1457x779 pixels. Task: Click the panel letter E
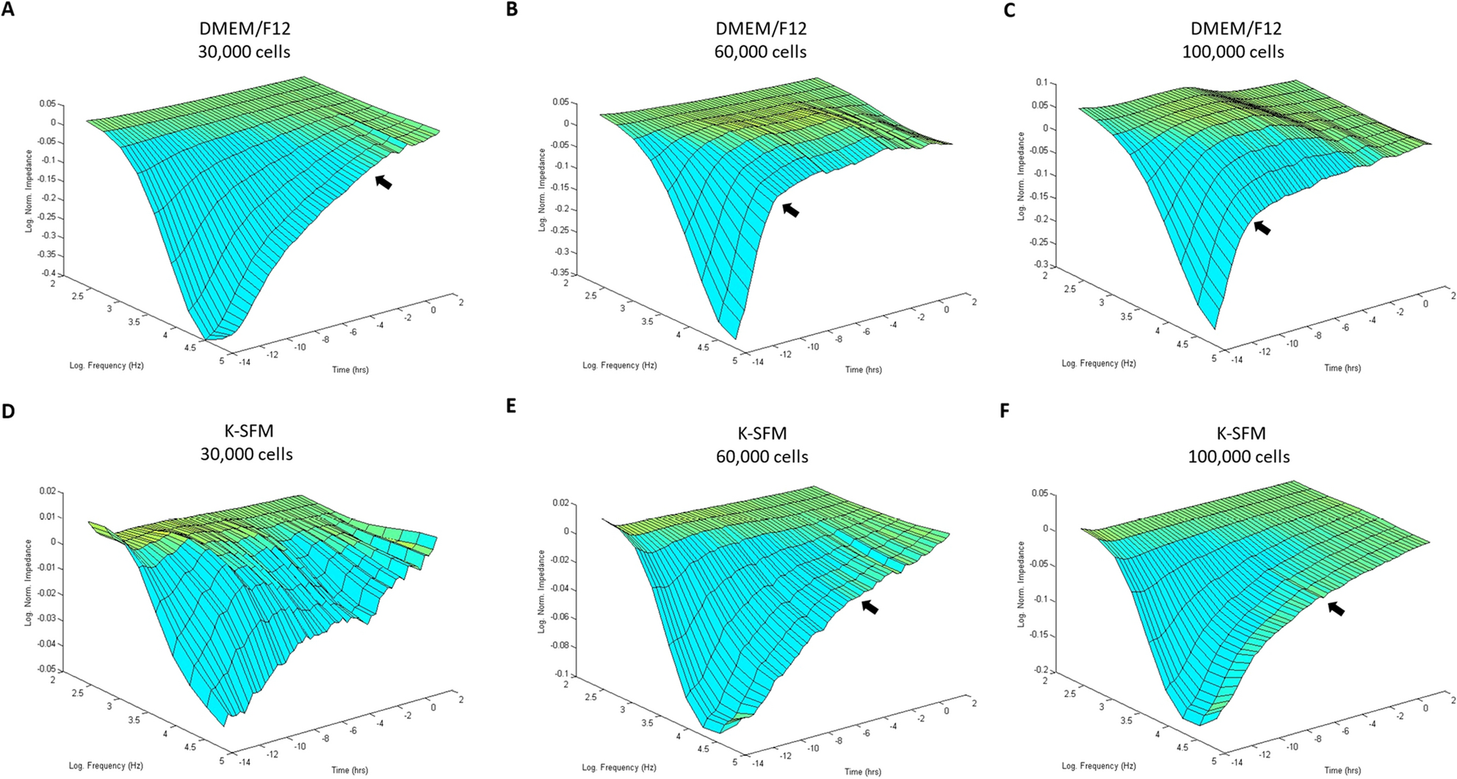[x=512, y=406]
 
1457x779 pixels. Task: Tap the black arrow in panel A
[x=383, y=181]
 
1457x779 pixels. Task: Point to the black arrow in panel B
[x=790, y=210]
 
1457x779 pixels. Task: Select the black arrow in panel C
[x=1262, y=228]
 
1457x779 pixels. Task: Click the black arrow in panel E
[x=869, y=606]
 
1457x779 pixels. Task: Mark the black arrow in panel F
[x=1336, y=608]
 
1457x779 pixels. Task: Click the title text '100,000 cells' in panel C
[x=1233, y=52]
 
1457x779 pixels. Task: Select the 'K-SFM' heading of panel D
[x=247, y=433]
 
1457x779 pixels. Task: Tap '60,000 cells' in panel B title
[x=760, y=52]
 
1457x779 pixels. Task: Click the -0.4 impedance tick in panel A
[x=48, y=274]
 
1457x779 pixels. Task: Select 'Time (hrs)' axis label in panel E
[x=863, y=771]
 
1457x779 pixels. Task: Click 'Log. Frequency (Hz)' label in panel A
[x=106, y=365]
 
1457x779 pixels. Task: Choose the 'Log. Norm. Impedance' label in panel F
[x=1021, y=584]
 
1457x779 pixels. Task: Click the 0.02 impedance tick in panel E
[x=560, y=504]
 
